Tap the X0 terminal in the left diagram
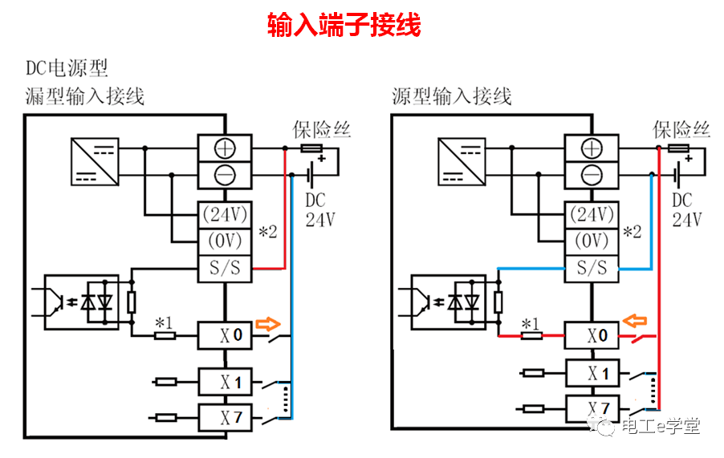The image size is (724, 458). [224, 336]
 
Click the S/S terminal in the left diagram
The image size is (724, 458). [224, 269]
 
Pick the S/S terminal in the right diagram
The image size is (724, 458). [592, 268]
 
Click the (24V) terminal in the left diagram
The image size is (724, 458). [224, 215]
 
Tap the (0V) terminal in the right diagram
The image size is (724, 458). [592, 241]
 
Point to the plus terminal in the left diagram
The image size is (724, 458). [224, 148]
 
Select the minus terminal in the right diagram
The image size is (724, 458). [592, 173]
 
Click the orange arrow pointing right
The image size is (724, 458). [269, 325]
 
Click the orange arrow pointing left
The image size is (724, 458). [636, 322]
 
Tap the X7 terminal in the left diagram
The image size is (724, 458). [224, 417]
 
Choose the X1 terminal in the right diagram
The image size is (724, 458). [592, 373]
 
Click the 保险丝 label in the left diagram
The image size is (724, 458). [321, 129]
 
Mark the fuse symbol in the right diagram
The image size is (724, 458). [678, 148]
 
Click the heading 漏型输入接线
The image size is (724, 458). [85, 97]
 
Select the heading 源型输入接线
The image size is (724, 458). [452, 97]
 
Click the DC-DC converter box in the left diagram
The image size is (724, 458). [94, 162]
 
